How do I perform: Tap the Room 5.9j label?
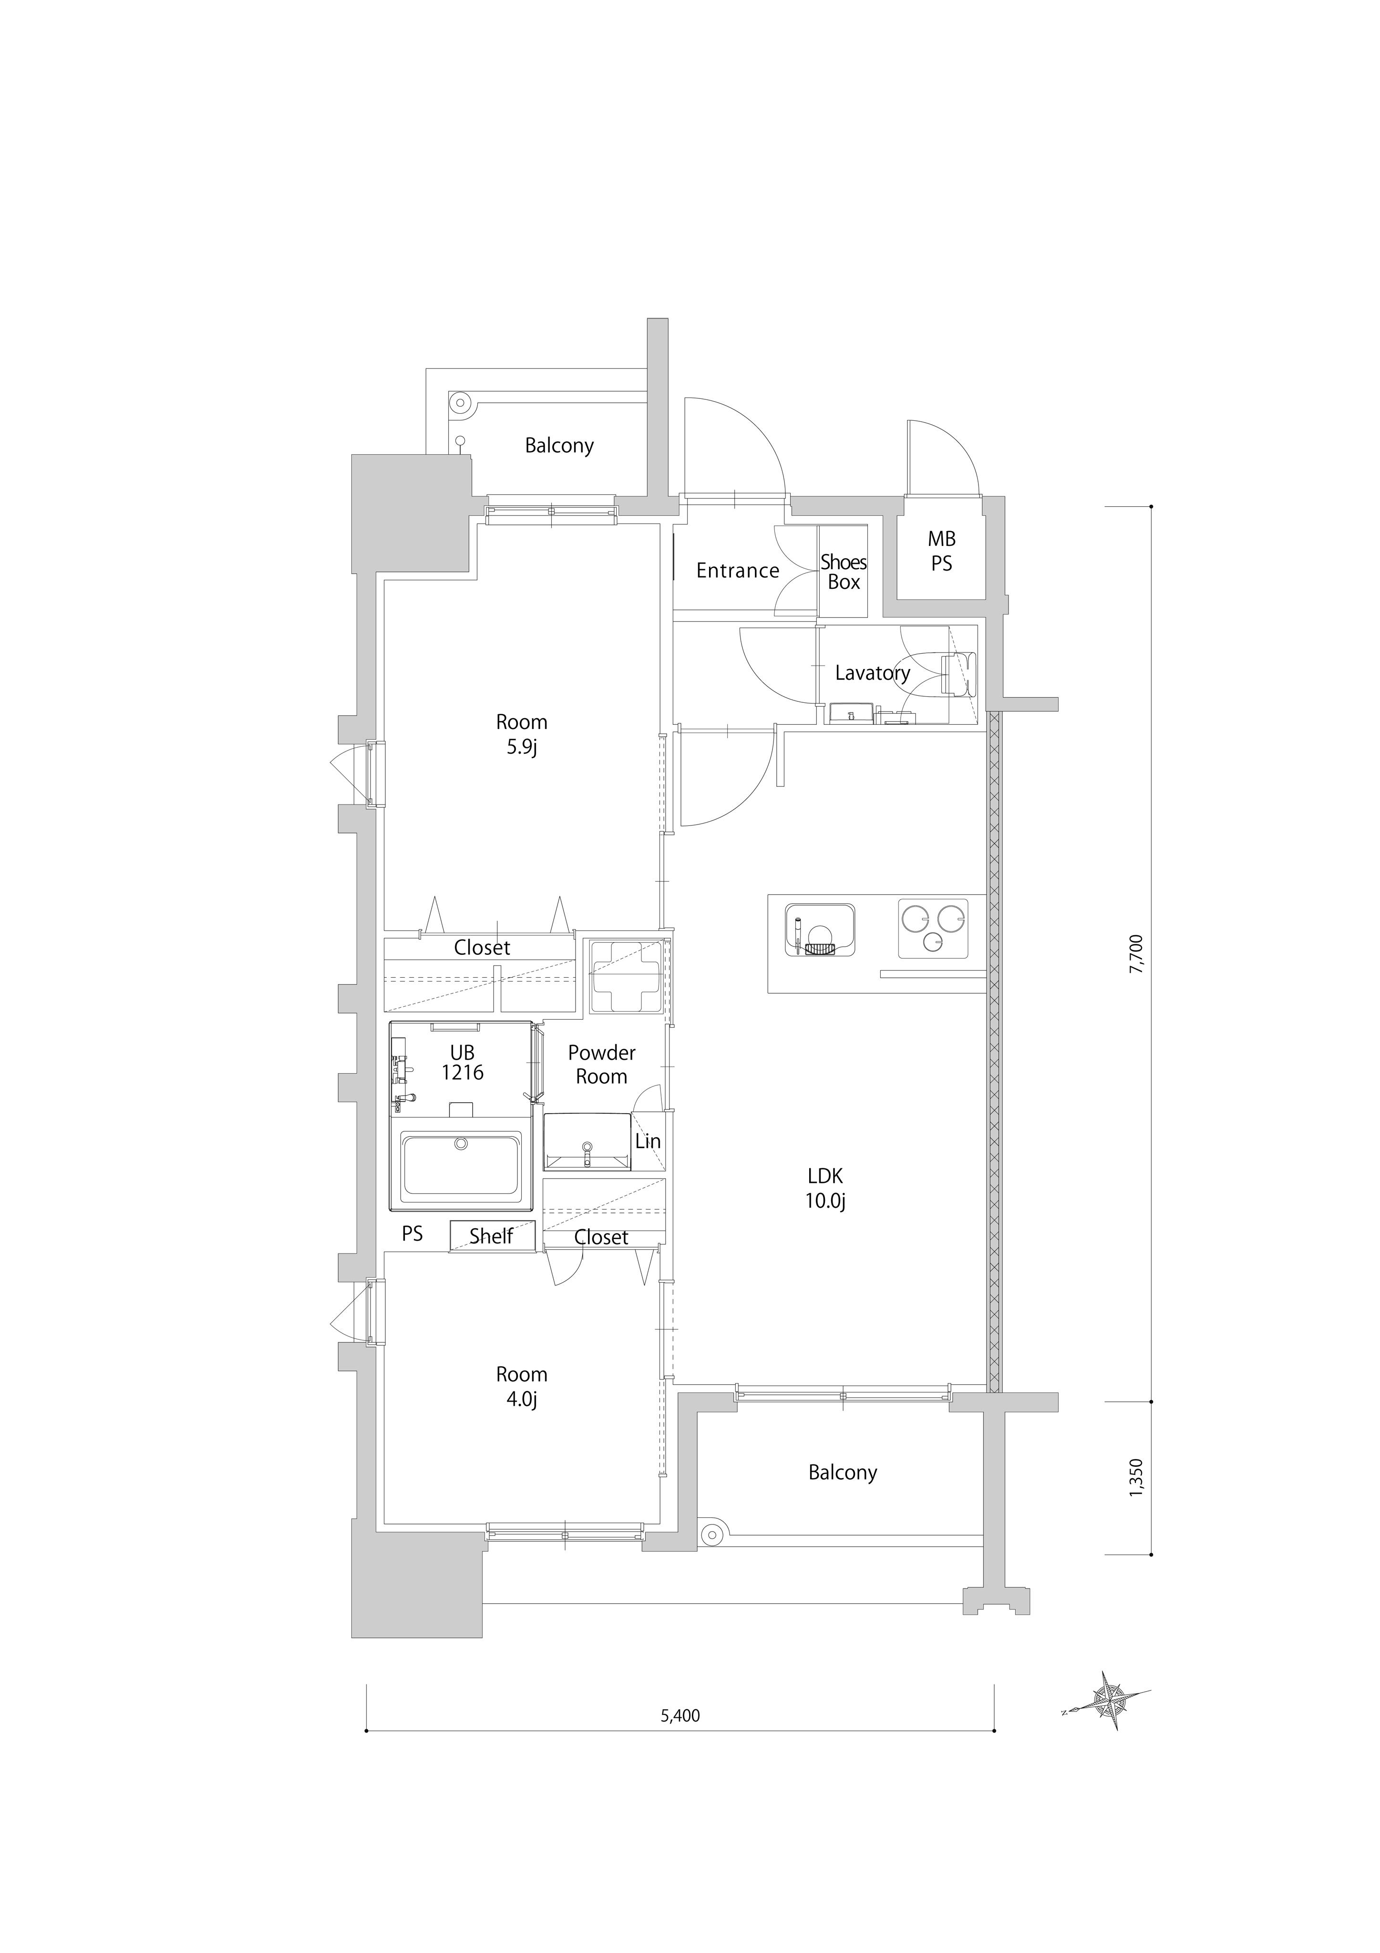point(521,734)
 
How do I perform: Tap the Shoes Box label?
point(844,572)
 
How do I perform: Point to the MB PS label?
point(941,550)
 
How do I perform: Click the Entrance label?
point(737,571)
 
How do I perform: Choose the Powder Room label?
point(601,1064)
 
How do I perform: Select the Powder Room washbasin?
point(587,1141)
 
